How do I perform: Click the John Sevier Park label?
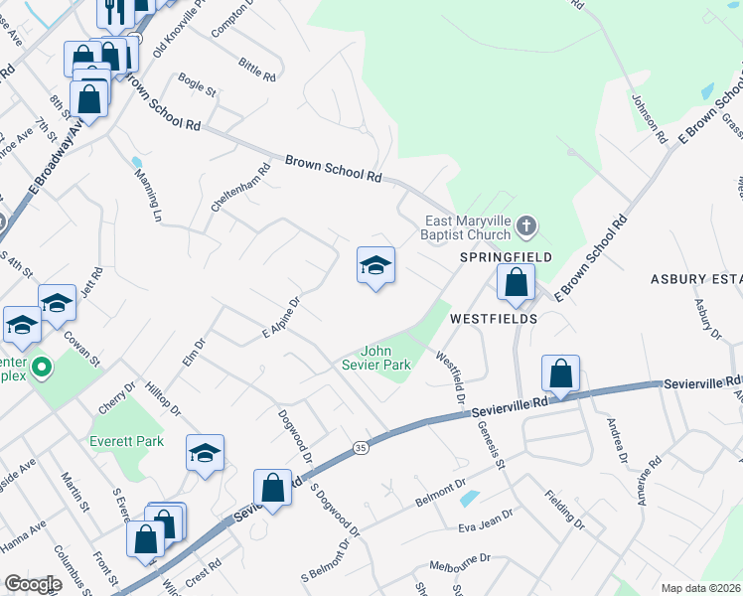tap(385, 358)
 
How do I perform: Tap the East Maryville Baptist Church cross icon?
tap(526, 229)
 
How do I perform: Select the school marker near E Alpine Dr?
tap(375, 266)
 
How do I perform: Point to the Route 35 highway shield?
tap(360, 450)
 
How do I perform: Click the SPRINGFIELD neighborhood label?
tap(506, 256)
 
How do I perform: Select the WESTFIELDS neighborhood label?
tap(494, 319)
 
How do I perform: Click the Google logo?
tap(34, 583)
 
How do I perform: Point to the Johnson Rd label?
tap(648, 118)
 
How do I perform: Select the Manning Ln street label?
tap(148, 194)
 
